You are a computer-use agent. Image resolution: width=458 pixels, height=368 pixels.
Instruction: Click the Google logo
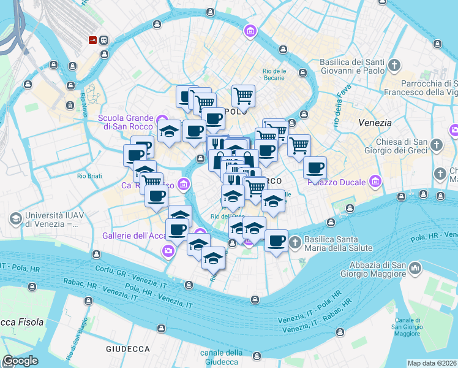[20, 361]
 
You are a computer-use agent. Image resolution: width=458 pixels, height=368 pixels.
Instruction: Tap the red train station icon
[92, 40]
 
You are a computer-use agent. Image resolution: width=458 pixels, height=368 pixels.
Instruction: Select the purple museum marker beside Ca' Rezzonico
[184, 183]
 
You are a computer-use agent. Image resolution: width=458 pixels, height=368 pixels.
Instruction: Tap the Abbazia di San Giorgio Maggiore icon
[416, 268]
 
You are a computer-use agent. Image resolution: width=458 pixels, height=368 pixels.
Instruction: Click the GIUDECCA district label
[128, 349]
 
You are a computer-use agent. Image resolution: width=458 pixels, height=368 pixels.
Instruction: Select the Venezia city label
[375, 123]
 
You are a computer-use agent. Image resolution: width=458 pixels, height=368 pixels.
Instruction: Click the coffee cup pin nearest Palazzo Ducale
[315, 167]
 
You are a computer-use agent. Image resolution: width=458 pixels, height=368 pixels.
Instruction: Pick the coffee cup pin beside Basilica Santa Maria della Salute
[276, 240]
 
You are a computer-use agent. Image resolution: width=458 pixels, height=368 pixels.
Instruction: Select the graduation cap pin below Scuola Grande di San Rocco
[169, 131]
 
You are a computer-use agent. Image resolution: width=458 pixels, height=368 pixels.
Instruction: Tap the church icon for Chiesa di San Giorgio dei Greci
[437, 145]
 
